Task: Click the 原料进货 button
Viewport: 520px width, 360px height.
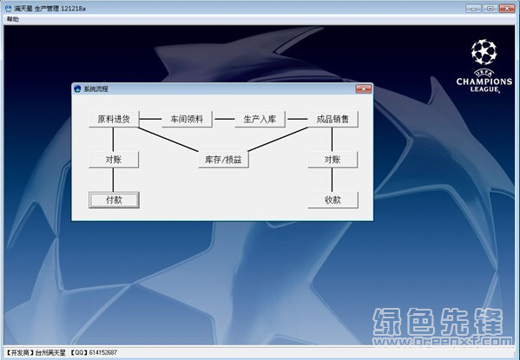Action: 114,119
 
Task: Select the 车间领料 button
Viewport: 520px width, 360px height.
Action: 187,119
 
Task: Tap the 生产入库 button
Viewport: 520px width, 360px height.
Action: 260,119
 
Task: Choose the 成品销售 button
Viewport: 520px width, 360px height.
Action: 333,119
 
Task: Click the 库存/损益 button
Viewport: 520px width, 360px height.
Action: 223,160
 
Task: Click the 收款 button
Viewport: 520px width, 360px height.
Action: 333,200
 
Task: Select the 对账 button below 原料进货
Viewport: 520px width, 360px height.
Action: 114,160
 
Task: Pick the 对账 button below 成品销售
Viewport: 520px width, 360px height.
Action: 333,160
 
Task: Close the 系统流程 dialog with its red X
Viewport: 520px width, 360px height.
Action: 364,88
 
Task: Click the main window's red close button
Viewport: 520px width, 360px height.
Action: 507,9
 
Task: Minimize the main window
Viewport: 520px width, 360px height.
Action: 474,9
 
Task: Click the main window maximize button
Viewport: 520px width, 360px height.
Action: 490,9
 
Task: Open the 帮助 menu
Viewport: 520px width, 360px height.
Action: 13,19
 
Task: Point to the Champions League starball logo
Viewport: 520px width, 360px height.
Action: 484,52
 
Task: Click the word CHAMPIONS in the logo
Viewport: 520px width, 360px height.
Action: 484,82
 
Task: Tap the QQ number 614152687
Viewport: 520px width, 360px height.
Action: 103,352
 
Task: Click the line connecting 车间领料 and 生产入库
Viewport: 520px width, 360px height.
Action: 225,119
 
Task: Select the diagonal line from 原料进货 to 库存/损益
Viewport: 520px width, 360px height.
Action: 168,140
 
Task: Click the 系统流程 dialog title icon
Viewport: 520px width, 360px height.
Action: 77,88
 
